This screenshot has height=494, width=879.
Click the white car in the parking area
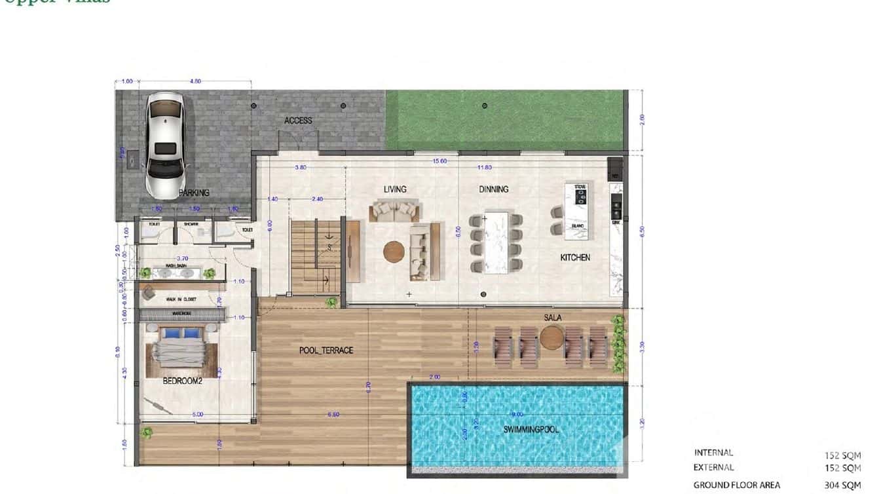coord(164,145)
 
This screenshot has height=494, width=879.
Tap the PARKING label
coord(194,193)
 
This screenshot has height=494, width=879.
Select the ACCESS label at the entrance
coord(298,121)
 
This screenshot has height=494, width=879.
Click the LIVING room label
coord(395,189)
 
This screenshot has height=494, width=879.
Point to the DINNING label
coord(493,189)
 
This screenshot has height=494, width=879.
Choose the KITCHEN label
coord(575,257)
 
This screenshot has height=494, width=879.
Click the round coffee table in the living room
coord(394,252)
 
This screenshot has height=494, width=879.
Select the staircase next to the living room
coord(315,257)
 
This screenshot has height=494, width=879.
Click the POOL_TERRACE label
coord(326,351)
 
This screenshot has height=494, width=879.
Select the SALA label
coord(553,318)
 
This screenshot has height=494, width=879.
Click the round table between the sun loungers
coord(553,339)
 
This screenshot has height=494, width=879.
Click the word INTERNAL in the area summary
coord(713,453)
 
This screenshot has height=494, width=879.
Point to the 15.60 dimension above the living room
coord(439,161)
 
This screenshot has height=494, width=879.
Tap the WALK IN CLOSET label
coord(181,299)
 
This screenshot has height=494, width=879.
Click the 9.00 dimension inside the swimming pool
coord(517,414)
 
